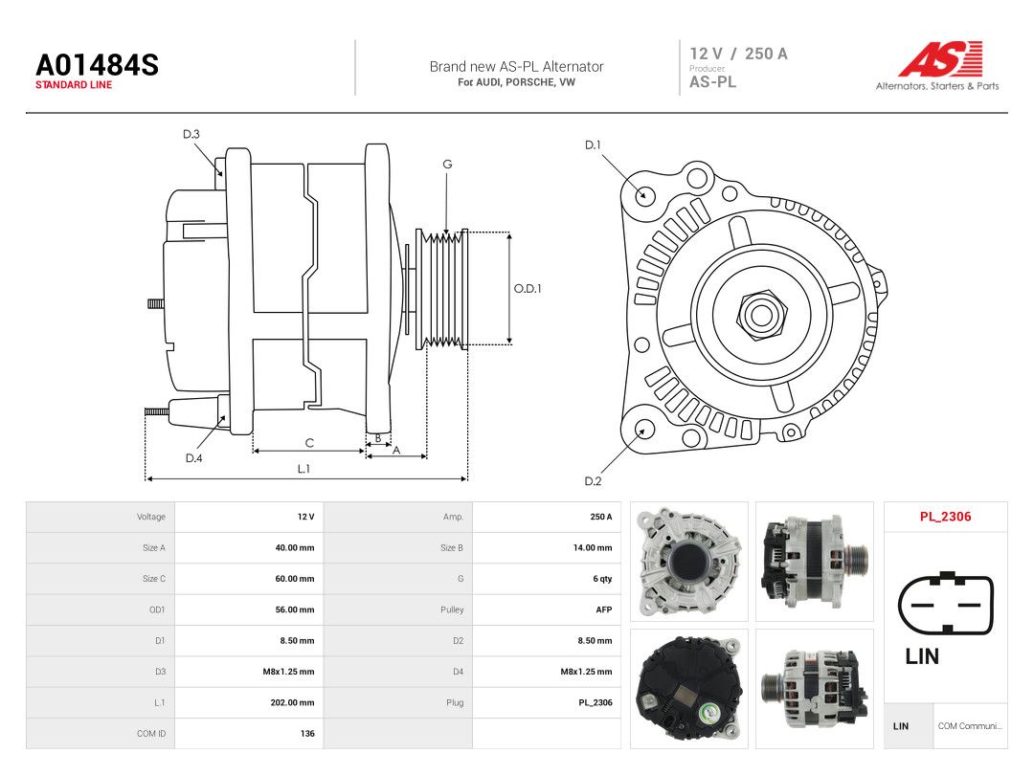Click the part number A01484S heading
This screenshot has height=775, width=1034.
pos(97,65)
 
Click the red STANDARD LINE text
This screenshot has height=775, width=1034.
pos(74,85)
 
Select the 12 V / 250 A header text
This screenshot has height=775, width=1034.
pos(738,54)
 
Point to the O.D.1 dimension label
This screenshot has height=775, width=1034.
pos(528,289)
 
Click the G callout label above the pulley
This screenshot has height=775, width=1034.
pos(447,165)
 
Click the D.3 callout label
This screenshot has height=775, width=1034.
pos(191,135)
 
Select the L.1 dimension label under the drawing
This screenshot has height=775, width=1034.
pos(303,469)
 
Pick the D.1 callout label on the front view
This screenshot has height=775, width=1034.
pos(593,145)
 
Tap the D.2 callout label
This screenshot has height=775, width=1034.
pos(593,481)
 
